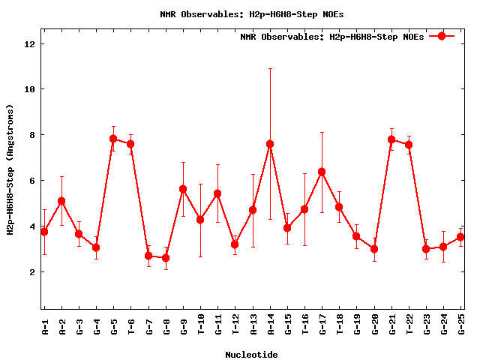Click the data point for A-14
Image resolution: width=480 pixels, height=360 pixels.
pos(270,144)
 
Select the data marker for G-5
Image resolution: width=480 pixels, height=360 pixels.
pos(113,139)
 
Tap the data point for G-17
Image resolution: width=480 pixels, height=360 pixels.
pos(322,172)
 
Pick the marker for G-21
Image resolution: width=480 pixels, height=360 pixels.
pos(391,139)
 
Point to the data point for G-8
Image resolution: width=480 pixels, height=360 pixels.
pos(166,258)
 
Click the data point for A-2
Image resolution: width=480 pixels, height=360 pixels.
pos(61,201)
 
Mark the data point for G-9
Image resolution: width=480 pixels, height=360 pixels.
pos(183,189)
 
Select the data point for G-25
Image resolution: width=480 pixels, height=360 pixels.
pos(461,237)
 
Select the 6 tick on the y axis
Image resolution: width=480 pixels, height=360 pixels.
pos(33,181)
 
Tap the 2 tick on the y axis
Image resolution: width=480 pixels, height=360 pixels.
pos(33,272)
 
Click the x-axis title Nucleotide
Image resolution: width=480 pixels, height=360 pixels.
pos(251,355)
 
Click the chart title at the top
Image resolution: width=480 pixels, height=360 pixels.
pos(252,14)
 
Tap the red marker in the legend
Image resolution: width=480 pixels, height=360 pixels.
pos(442,36)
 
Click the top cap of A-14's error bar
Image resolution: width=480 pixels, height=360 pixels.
pos(270,68)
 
